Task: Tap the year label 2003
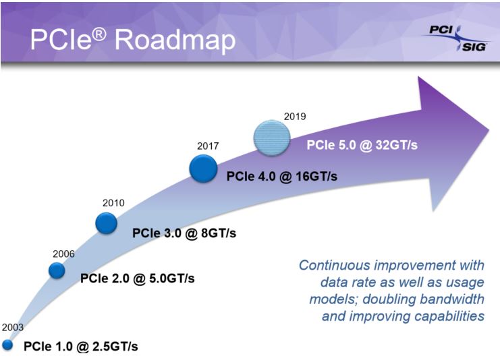tap(12, 327)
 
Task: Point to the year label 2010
tap(113, 202)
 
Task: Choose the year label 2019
tap(294, 116)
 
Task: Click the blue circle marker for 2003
tap(7, 345)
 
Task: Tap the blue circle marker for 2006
tap(57, 270)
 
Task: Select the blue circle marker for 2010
tap(107, 222)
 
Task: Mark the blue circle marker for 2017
tap(203, 168)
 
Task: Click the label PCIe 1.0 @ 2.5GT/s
tap(81, 347)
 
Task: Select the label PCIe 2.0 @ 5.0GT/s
tap(138, 278)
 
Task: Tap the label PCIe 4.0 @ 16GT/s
tap(281, 177)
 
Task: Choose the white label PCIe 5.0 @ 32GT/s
tap(362, 144)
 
